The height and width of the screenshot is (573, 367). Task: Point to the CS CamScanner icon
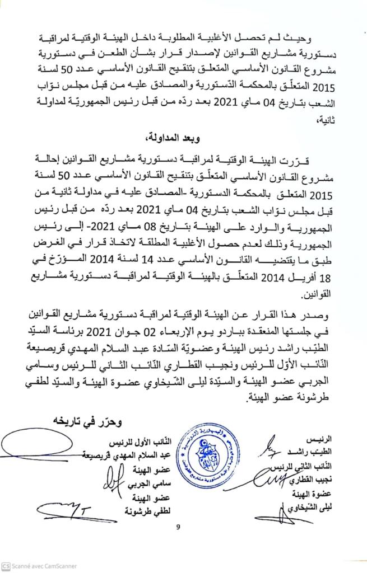click(x=6, y=566)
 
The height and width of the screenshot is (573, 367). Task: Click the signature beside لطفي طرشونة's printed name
click(x=62, y=509)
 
